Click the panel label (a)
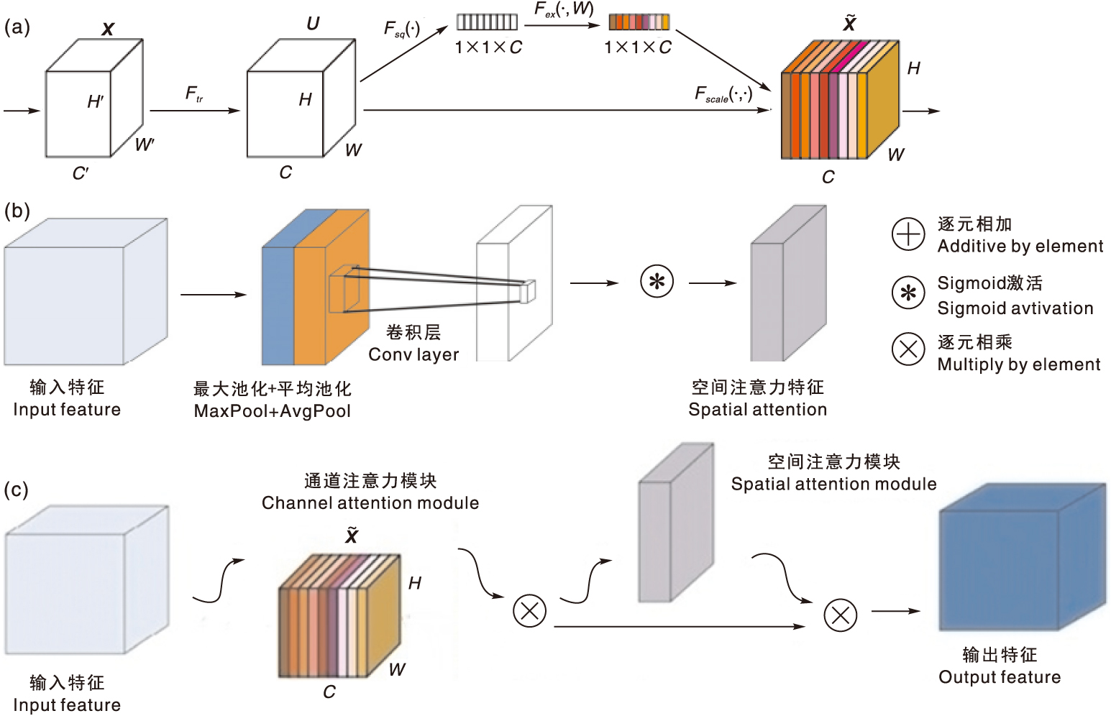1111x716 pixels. (17, 27)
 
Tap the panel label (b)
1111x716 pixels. (17, 211)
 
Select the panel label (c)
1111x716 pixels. (16, 490)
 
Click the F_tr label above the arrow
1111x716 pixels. (193, 93)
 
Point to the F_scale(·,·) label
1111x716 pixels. (723, 94)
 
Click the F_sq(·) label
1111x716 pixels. (401, 29)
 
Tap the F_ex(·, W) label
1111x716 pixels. (564, 9)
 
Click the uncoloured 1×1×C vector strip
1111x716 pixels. (487, 22)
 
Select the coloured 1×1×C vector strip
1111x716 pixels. (639, 22)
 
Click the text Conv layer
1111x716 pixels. (413, 354)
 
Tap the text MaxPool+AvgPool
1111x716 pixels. (273, 411)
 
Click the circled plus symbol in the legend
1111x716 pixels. (907, 234)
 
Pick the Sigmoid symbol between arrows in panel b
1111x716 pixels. (657, 282)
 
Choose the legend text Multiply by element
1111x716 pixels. (1018, 364)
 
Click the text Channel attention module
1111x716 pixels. (370, 502)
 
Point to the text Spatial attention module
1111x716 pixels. (833, 484)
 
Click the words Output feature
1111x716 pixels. (999, 677)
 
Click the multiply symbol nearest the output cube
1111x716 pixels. (840, 615)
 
